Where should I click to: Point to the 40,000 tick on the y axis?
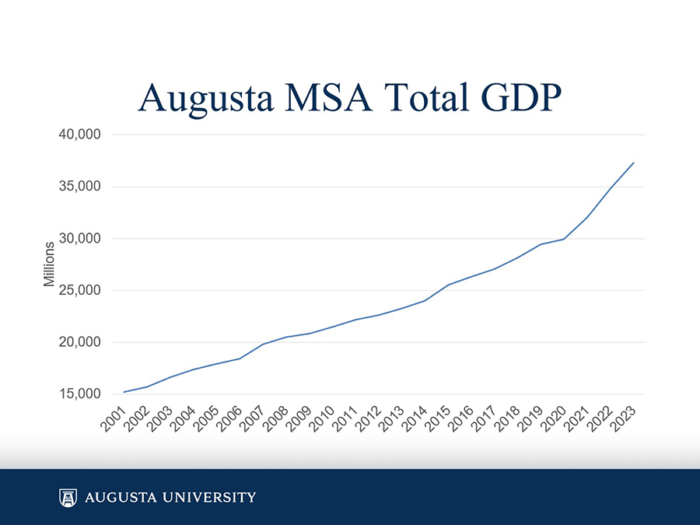[x=80, y=135]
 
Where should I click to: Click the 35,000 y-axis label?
[x=80, y=187]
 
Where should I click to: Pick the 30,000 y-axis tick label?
[x=80, y=239]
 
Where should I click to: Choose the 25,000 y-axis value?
[x=80, y=290]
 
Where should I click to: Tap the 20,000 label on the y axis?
[x=80, y=342]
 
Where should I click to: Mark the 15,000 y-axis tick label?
[x=80, y=394]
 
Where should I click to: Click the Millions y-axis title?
[x=49, y=264]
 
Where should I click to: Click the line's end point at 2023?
[x=634, y=163]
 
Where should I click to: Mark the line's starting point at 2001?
[x=124, y=392]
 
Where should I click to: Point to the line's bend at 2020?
[x=564, y=239]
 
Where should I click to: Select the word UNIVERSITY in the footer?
[x=209, y=497]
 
